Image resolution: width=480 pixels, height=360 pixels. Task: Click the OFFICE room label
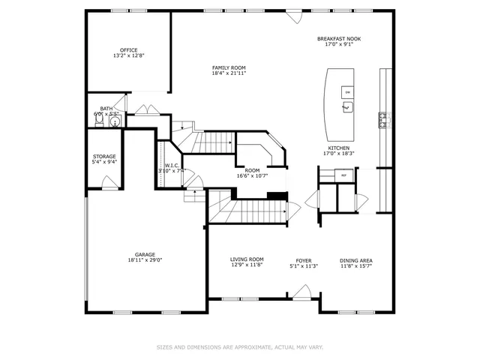128,50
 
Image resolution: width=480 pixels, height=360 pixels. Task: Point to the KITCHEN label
338,148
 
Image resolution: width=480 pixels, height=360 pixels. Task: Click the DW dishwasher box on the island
346,91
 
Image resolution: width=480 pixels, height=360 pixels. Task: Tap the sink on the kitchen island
347,108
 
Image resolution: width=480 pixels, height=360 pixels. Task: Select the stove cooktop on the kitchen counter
384,118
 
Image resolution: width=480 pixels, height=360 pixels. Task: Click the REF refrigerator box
344,175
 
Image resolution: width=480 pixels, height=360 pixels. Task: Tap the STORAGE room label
104,157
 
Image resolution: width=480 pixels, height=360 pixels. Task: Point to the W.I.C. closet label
171,166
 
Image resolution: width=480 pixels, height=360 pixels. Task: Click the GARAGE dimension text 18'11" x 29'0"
145,259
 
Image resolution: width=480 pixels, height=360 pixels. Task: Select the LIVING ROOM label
247,259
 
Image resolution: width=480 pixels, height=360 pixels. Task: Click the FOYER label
304,259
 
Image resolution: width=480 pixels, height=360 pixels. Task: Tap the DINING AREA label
356,259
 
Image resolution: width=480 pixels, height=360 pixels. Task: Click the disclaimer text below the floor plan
239,347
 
